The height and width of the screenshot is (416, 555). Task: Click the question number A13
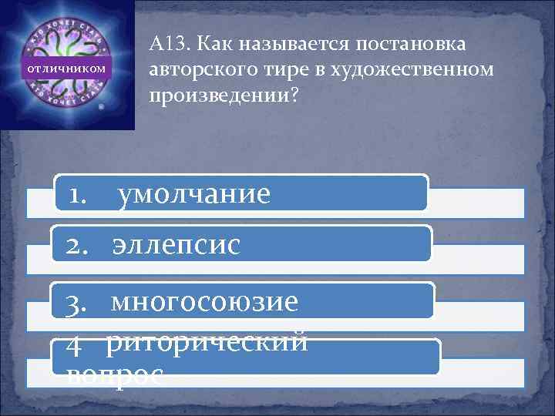tap(165, 45)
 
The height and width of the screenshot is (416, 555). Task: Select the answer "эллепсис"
tap(176, 245)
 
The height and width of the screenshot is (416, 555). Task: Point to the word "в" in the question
tap(318, 72)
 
